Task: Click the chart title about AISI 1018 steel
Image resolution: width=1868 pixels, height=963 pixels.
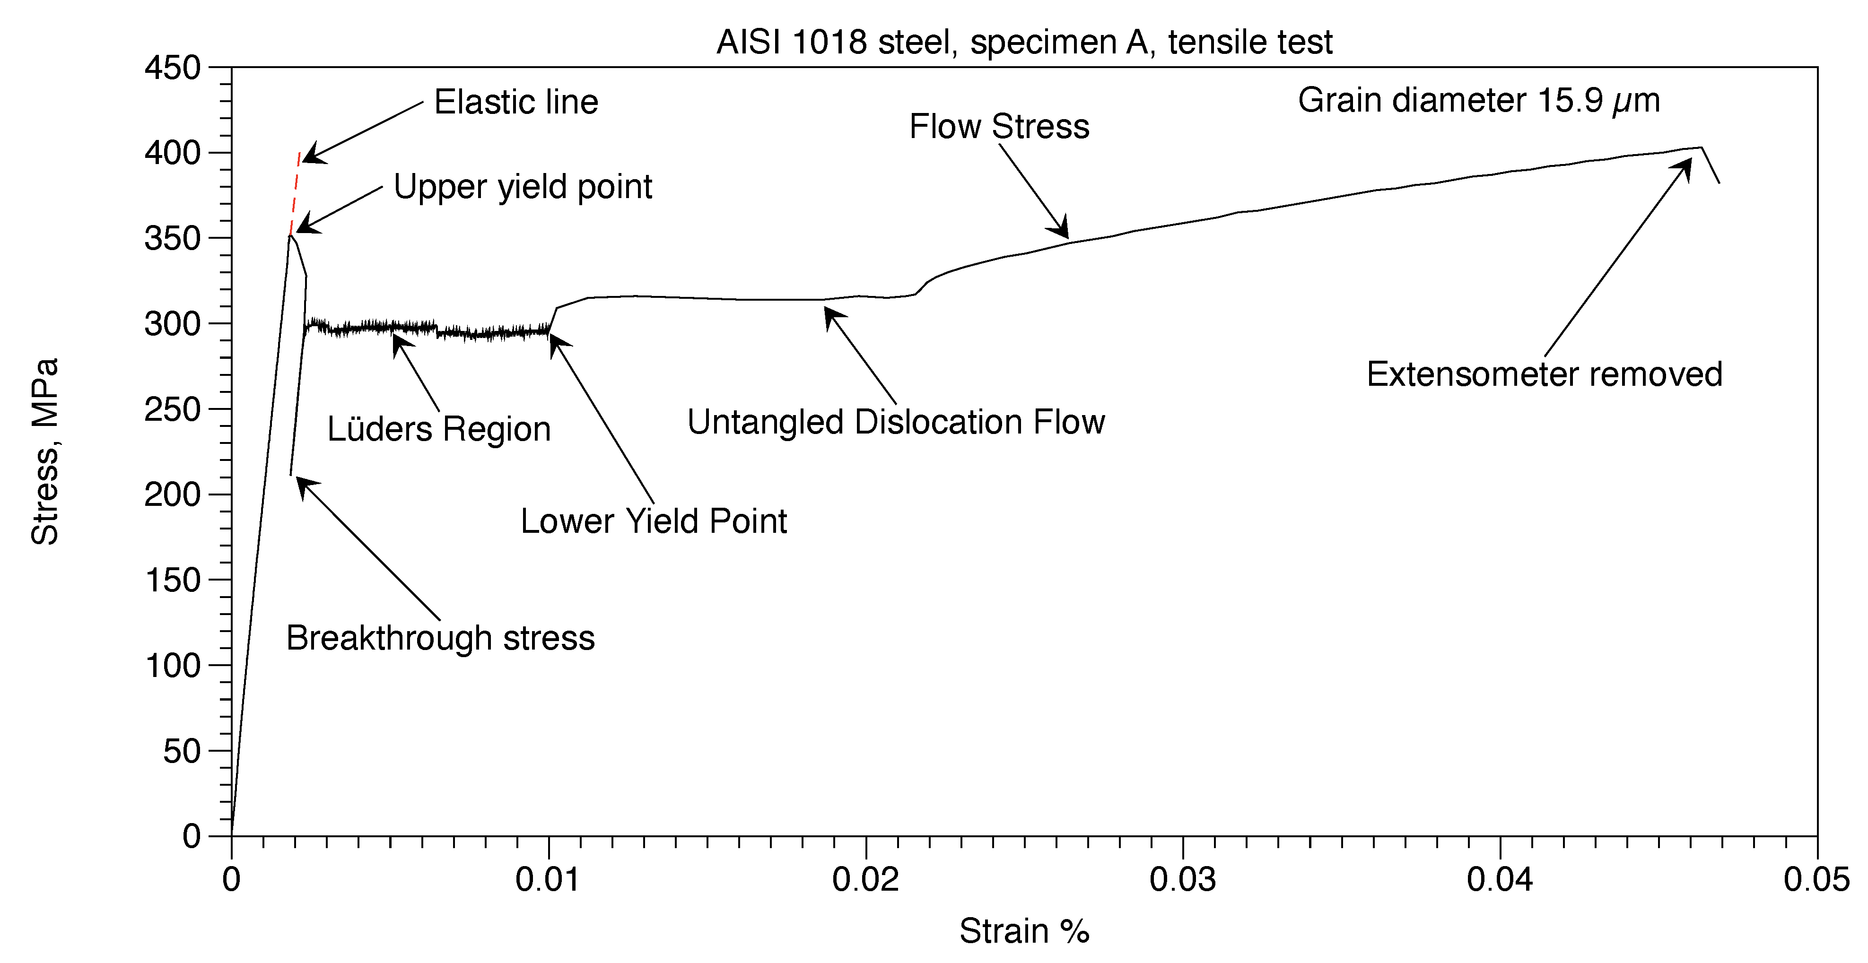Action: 1024,42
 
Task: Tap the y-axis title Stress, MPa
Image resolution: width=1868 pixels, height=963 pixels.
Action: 45,451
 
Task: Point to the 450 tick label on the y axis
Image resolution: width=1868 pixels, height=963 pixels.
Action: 173,68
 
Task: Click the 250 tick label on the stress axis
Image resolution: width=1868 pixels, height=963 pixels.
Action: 173,410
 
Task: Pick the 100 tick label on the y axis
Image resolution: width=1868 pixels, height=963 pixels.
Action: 173,666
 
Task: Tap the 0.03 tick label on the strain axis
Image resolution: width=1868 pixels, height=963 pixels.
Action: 1183,880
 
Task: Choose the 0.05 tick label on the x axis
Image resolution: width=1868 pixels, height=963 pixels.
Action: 1816,880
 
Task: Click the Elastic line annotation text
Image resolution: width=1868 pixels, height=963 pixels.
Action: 515,102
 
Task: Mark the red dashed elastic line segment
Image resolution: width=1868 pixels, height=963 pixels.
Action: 295,193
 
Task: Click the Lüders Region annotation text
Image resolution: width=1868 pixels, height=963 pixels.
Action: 439,429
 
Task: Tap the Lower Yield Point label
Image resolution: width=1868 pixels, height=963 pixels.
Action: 654,521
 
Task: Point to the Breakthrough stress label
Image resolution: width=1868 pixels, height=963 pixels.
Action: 440,638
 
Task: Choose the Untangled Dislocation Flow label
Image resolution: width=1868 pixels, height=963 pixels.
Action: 896,422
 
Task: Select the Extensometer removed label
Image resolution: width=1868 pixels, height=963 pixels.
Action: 1544,374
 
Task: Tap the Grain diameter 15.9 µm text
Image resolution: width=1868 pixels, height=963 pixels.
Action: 1479,101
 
